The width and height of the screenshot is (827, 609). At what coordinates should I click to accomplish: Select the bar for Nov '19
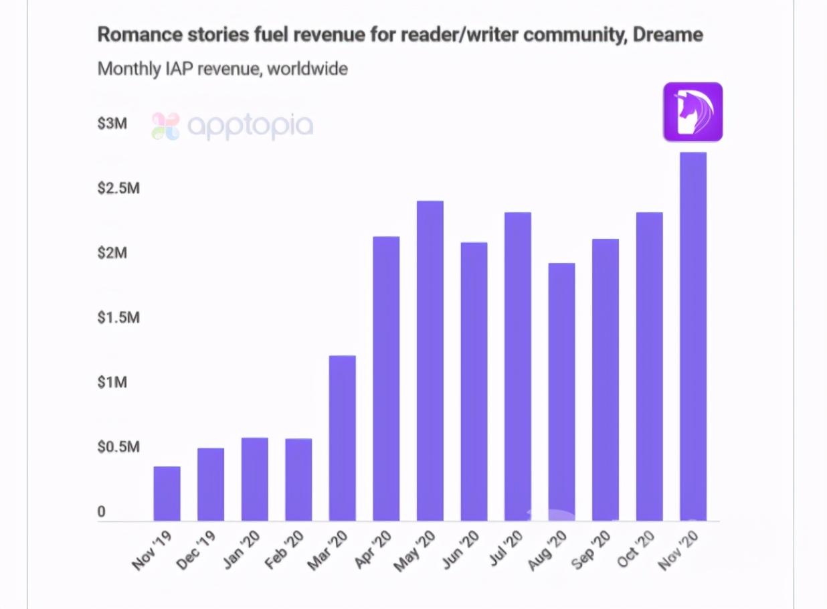(x=167, y=493)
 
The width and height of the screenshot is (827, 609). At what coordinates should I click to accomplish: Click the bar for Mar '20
(x=343, y=438)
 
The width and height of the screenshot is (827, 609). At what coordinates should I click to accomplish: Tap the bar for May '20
(x=430, y=361)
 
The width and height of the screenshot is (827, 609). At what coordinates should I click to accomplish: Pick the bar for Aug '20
(x=561, y=391)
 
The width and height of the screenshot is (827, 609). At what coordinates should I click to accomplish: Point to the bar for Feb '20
(x=298, y=479)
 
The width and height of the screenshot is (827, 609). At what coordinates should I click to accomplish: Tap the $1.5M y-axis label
(x=118, y=317)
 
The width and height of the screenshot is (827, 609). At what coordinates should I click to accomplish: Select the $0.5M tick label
(x=118, y=447)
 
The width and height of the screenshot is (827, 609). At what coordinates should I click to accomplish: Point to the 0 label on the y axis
(x=102, y=512)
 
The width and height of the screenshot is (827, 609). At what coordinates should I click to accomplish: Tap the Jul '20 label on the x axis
(x=507, y=550)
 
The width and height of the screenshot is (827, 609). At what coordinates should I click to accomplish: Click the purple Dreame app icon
(x=693, y=112)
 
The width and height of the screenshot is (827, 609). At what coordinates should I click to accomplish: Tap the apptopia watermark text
(x=249, y=125)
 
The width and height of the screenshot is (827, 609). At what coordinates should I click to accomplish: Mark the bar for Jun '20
(x=474, y=381)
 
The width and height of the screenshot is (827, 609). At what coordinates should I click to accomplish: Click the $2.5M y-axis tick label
(x=118, y=188)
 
